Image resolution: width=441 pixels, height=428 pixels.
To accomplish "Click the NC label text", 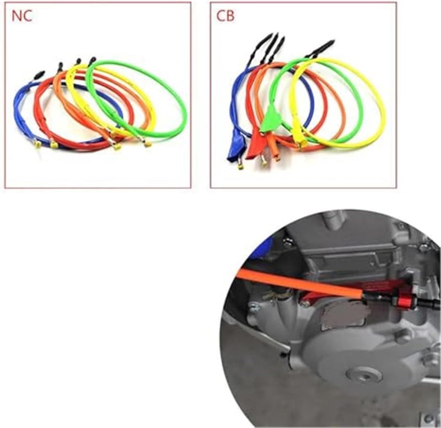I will coord(21,16).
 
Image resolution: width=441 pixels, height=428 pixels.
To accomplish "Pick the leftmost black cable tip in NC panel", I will coord(39,73).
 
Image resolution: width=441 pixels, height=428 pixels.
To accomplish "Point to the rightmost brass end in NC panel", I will coord(148,145).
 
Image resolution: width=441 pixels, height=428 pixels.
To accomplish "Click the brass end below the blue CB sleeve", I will coord(241,166).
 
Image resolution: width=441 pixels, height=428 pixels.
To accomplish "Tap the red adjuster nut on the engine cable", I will coord(410,298).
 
